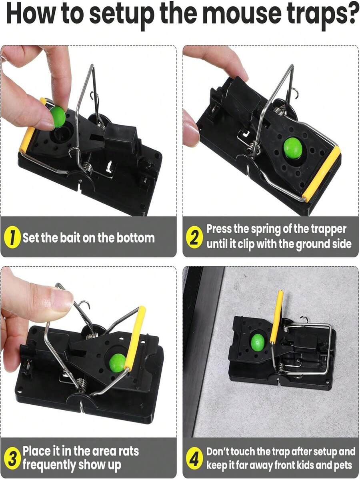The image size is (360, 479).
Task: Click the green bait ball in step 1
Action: click(x=58, y=116)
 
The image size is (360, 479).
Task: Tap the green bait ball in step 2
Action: click(x=293, y=148)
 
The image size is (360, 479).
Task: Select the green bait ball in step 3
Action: click(x=118, y=363)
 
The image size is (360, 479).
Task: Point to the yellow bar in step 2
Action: click(x=322, y=174)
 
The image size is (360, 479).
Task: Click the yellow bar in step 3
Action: click(x=135, y=338)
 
